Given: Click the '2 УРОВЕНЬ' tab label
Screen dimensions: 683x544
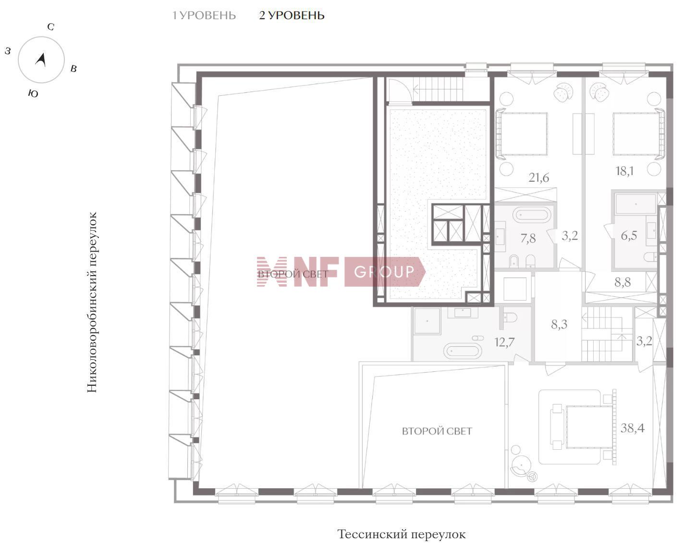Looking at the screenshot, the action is point(292,15).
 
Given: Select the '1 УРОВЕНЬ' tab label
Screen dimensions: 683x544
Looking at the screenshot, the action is point(204,15).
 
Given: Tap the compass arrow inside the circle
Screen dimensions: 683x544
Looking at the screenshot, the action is point(41,60).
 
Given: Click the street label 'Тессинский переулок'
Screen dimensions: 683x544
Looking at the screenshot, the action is point(402,534).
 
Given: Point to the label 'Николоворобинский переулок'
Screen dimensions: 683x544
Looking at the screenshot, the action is point(92,302).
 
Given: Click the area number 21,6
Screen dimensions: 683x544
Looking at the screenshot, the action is point(538,177).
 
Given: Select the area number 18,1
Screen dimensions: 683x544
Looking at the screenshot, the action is point(624,171).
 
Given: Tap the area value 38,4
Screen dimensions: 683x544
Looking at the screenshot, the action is point(632,428).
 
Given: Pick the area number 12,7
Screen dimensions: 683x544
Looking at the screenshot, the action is point(504,342).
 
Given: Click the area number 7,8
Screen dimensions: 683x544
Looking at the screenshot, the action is point(528,238).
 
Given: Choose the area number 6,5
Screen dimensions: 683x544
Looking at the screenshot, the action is point(629,236).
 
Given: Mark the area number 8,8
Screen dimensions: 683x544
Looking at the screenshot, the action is point(622,282).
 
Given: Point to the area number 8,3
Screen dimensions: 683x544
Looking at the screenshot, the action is point(559,324).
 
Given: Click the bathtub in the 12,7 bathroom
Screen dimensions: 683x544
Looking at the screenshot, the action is point(462,351).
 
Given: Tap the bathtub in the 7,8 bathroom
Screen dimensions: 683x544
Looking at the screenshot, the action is point(531,215).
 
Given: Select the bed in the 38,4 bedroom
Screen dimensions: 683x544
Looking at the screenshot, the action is point(589,427).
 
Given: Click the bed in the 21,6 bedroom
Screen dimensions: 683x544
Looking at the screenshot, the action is point(522,134).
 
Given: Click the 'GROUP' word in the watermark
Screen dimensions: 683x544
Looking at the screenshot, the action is point(384,272).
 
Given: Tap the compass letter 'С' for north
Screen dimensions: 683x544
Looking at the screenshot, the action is point(50,27).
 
